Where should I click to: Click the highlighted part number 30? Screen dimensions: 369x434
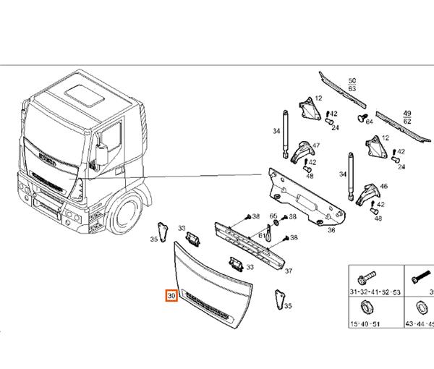(x=171, y=297)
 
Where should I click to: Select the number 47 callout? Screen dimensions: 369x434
(x=315, y=146)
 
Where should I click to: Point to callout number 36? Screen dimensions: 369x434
(x=331, y=230)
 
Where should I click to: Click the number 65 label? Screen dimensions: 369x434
(x=273, y=216)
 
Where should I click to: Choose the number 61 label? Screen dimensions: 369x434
(x=261, y=236)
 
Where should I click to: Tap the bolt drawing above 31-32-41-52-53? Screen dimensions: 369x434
(x=365, y=277)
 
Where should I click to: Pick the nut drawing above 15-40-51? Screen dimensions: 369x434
(x=365, y=306)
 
